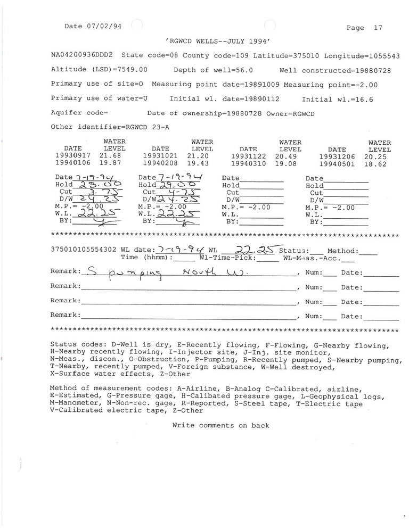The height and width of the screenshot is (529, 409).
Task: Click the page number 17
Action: pyautogui.click(x=378, y=28)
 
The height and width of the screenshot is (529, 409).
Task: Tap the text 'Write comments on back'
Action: pyautogui.click(x=220, y=425)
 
